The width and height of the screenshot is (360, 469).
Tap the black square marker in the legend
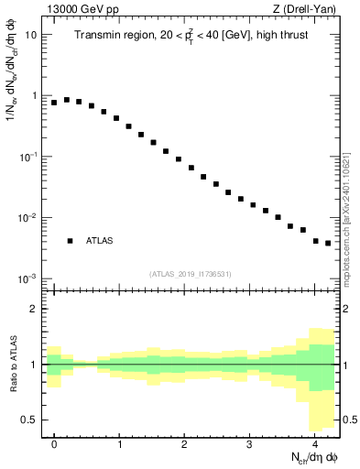[x=70, y=241]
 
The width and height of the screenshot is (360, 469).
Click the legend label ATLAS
[x=100, y=241]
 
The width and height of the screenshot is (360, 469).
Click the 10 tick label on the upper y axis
[x=31, y=35]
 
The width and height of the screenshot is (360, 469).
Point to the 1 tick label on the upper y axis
[x=34, y=96]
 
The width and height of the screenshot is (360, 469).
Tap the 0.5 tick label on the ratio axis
[x=30, y=420]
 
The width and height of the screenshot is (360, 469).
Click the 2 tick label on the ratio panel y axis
[x=34, y=310]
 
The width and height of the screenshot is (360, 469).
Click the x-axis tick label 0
[x=54, y=444]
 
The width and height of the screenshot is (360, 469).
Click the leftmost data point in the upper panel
[x=54, y=103]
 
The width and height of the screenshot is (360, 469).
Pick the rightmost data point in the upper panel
[x=328, y=244]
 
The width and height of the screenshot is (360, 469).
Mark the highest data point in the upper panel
[x=67, y=100]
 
